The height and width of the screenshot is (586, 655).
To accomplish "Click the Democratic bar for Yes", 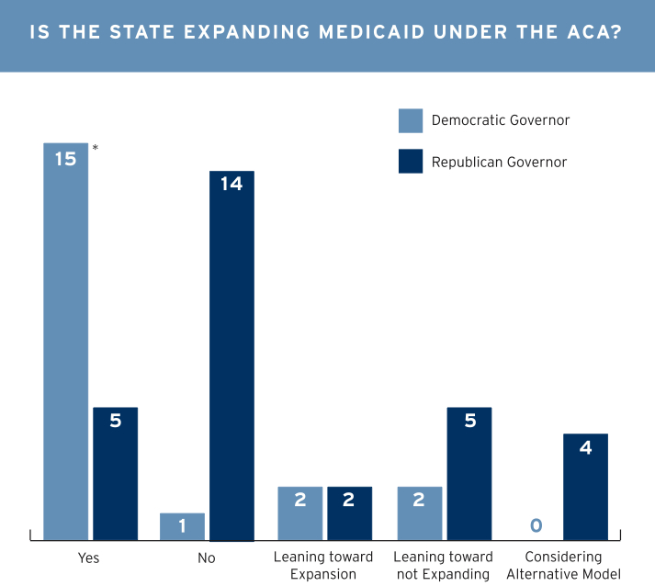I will [x=66, y=341].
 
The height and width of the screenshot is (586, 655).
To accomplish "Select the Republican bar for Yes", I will [x=115, y=473].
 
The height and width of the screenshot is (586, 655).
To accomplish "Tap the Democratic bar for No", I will [x=182, y=525].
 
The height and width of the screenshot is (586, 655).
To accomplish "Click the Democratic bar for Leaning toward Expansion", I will [x=300, y=513].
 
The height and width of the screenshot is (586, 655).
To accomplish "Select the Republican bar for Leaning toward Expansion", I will [x=350, y=513].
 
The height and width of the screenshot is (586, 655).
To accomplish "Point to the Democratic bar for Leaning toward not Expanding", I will [x=420, y=513].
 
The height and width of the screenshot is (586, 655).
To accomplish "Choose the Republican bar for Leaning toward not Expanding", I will [x=469, y=473].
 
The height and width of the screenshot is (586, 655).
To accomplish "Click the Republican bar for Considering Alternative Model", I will [x=585, y=486].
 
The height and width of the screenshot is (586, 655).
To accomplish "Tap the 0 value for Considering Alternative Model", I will [x=536, y=525].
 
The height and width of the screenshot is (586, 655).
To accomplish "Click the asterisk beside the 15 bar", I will [x=96, y=147].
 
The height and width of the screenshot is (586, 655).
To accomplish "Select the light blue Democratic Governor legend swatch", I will [x=411, y=120].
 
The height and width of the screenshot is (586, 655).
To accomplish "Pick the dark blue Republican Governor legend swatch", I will [x=411, y=162].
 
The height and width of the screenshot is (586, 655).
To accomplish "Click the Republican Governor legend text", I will [x=499, y=163].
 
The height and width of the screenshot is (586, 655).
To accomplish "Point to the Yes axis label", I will [x=89, y=558].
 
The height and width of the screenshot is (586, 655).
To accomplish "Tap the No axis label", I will [x=207, y=558].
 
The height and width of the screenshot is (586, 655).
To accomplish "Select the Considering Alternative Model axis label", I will [x=563, y=566].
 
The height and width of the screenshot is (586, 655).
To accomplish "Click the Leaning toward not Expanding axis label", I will [x=443, y=566].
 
